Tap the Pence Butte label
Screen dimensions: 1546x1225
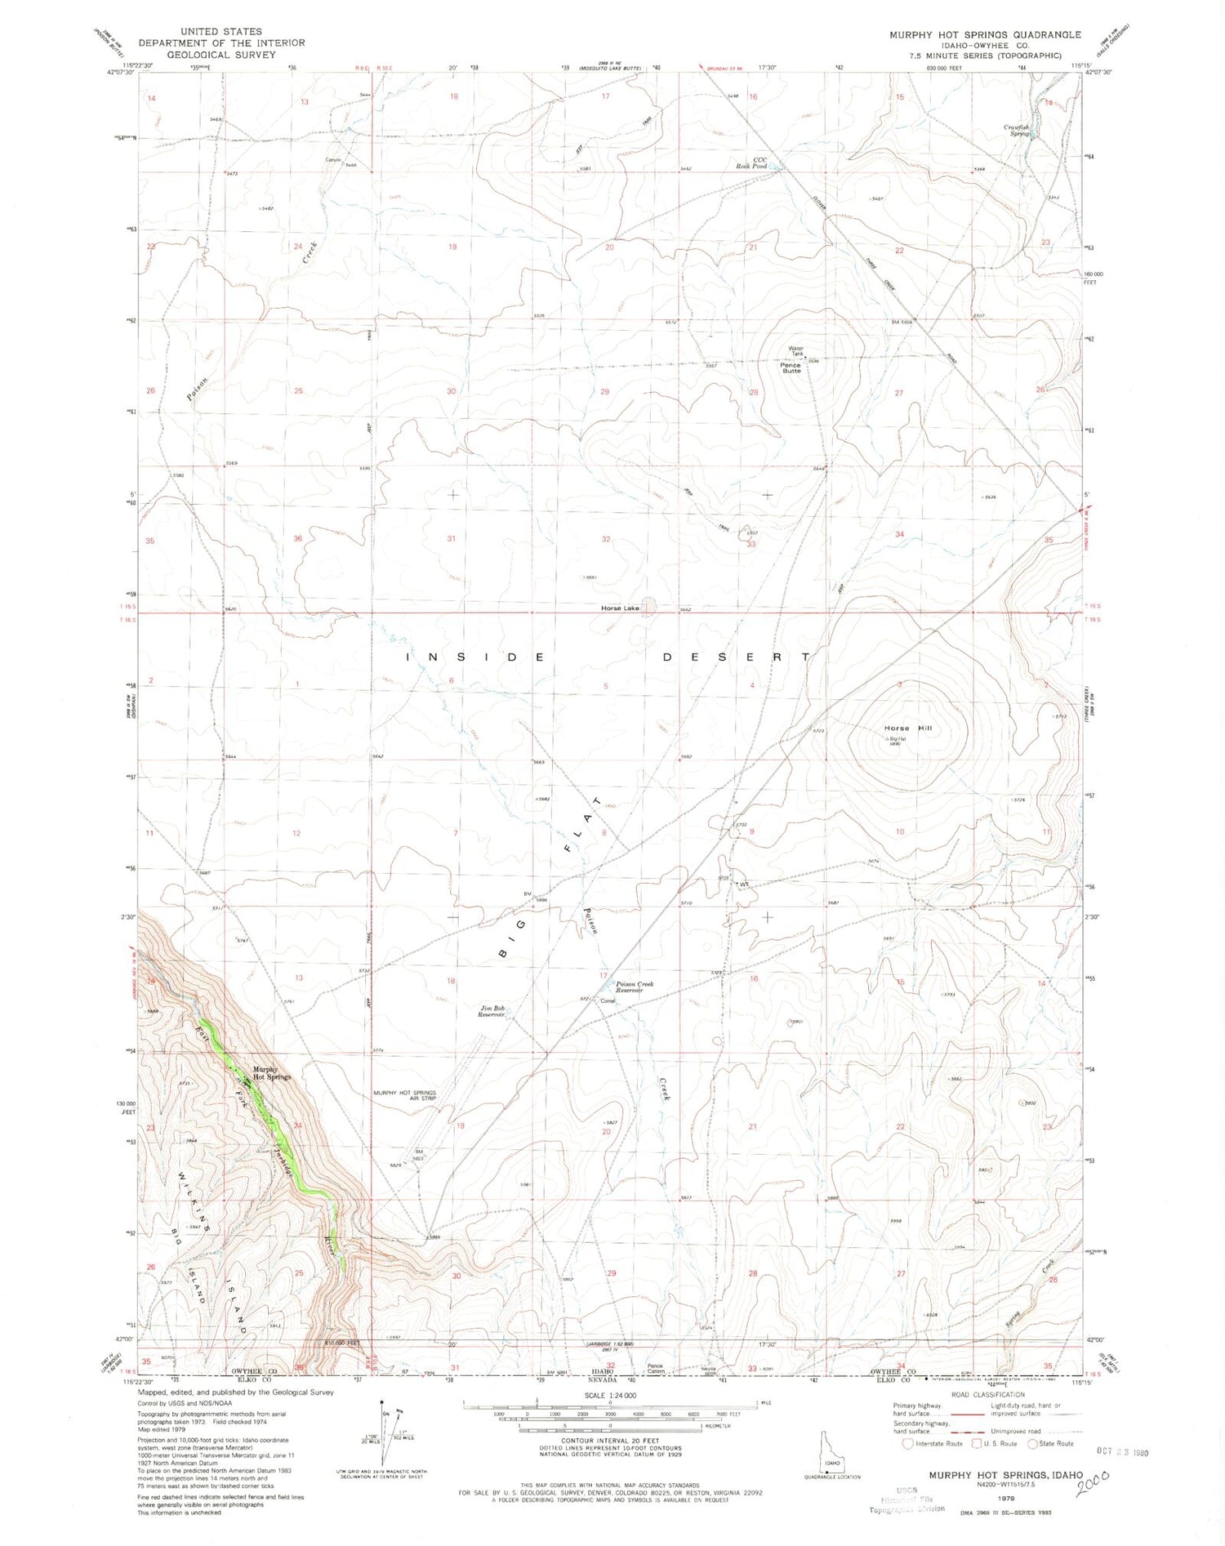792,367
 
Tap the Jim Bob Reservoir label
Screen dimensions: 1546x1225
492,1013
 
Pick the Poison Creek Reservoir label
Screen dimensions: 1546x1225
635,987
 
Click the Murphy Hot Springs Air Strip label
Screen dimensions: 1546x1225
405,1095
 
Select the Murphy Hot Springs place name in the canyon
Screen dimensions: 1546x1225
271,1073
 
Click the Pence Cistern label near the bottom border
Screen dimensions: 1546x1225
656,1369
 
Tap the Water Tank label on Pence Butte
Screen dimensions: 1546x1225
795,352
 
